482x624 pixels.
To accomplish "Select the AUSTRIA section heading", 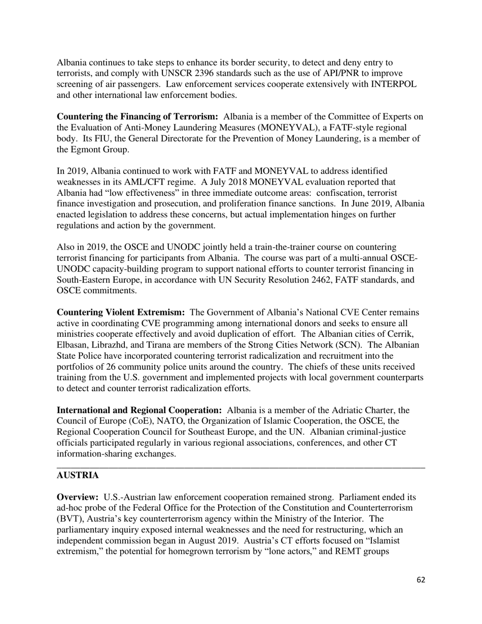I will (78, 475).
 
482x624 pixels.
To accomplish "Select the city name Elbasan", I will (73, 345).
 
